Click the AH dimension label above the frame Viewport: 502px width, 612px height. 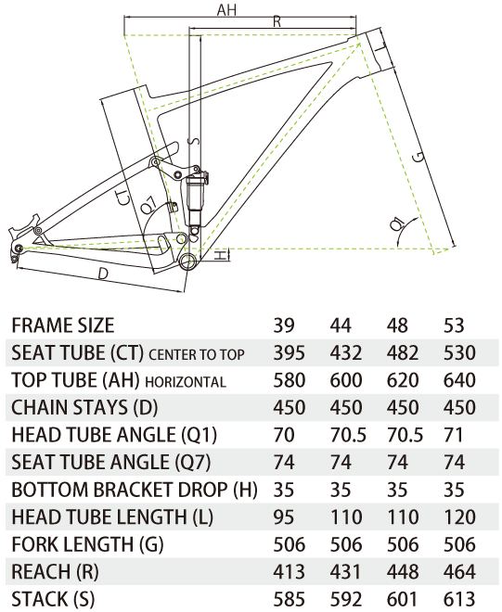pyautogui.click(x=226, y=10)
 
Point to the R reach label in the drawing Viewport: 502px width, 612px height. pyautogui.click(x=277, y=21)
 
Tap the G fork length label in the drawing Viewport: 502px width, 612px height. pyautogui.click(x=418, y=158)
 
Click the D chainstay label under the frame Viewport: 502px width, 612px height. pyautogui.click(x=103, y=274)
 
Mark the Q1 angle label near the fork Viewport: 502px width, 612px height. pyautogui.click(x=397, y=224)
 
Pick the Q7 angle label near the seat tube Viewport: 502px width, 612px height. pyautogui.click(x=149, y=204)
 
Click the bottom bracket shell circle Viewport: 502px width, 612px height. pyautogui.click(x=188, y=261)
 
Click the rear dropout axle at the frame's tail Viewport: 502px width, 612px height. pyautogui.click(x=18, y=249)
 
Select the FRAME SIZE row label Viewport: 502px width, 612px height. pyautogui.click(x=63, y=325)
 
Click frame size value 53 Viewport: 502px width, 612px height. pyautogui.click(x=454, y=325)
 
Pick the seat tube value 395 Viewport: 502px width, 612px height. pyautogui.click(x=290, y=353)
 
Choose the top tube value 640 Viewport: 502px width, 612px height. pyautogui.click(x=459, y=380)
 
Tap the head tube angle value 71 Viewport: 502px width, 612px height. pyautogui.click(x=453, y=435)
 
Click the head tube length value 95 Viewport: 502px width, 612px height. pyautogui.click(x=284, y=517)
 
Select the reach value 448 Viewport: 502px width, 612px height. pyautogui.click(x=403, y=572)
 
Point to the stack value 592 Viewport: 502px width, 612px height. pyautogui.click(x=346, y=599)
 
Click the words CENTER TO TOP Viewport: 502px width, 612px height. pyautogui.click(x=197, y=354)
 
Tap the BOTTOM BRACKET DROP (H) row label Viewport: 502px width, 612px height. pyautogui.click(x=135, y=490)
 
